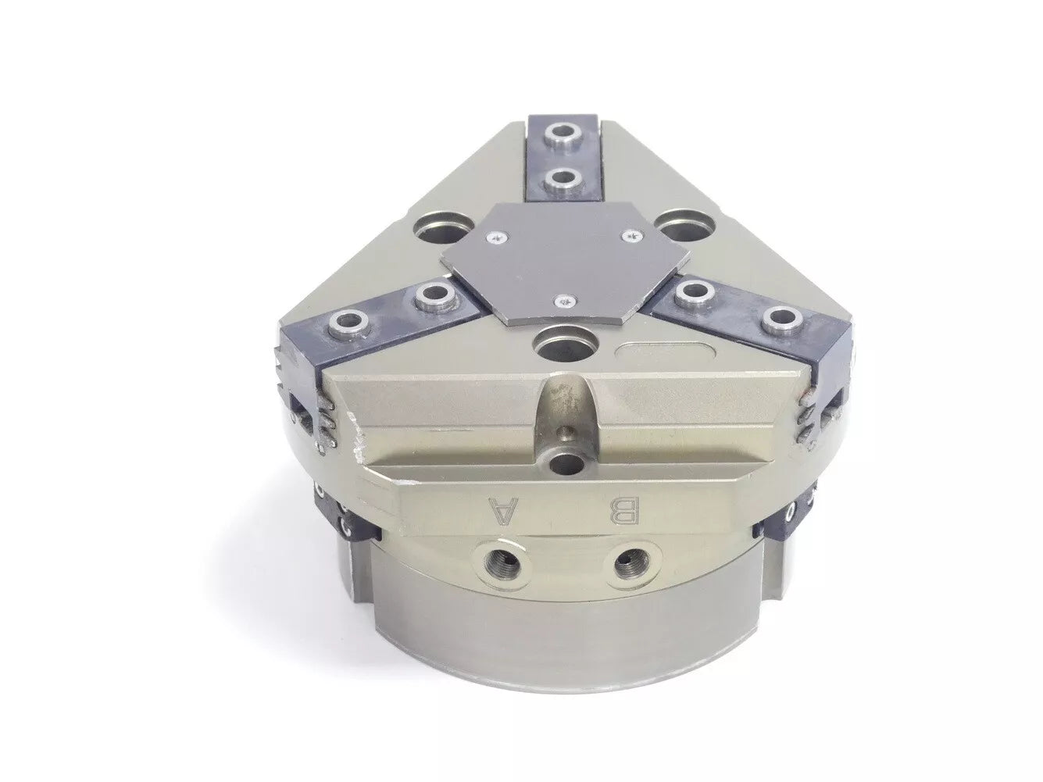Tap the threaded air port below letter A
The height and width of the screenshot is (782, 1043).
coord(501,563)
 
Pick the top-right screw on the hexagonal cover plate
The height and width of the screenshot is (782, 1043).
coord(631,234)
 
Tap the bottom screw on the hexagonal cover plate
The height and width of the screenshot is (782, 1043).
coord(565,300)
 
